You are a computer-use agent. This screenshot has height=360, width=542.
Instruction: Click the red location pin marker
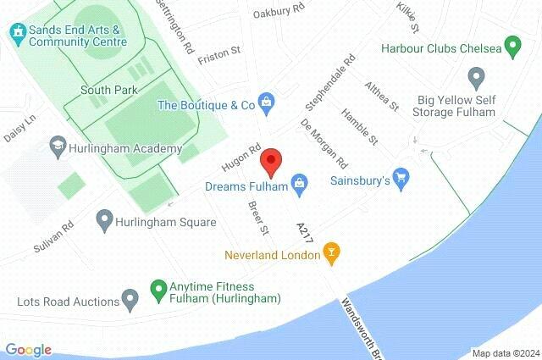pyautogui.click(x=270, y=160)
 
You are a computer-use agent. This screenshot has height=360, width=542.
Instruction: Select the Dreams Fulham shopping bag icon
pyautogui.click(x=298, y=181)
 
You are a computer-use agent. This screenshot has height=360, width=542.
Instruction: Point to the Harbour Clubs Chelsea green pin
pyautogui.click(x=512, y=46)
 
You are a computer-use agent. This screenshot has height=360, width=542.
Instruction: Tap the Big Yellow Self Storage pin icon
pyautogui.click(x=475, y=79)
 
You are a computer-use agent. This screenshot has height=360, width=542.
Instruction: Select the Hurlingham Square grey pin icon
pyautogui.click(x=104, y=221)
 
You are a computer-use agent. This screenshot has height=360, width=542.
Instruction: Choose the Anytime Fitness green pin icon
pyautogui.click(x=158, y=290)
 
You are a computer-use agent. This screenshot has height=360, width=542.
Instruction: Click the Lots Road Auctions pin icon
pyautogui.click(x=130, y=299)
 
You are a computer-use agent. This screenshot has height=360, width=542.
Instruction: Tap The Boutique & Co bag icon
pyautogui.click(x=267, y=104)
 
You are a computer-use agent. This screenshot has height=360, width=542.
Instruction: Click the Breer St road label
pyautogui.click(x=258, y=219)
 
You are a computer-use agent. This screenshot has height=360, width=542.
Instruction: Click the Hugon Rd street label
pyautogui.click(x=239, y=152)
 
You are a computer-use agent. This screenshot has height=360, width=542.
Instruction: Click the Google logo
pyautogui.click(x=28, y=350)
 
